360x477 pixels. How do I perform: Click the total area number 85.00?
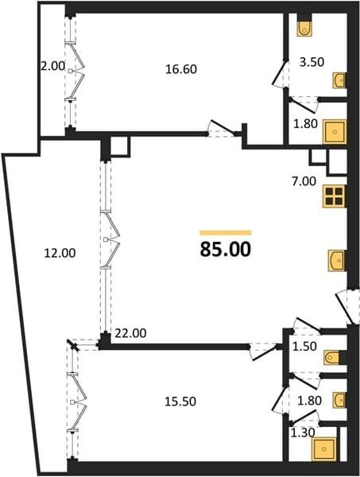tap(226, 249)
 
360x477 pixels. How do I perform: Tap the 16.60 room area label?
tap(181, 69)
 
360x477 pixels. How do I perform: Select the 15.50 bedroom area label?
tap(180, 401)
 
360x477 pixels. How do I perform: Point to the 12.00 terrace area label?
tap(60, 253)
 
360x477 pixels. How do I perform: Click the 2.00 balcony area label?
tap(53, 66)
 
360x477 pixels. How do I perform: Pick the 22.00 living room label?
tap(131, 333)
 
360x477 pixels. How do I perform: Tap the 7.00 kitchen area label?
tap(304, 181)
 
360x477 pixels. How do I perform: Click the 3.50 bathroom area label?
tap(312, 62)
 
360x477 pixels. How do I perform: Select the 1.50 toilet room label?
tap(304, 346)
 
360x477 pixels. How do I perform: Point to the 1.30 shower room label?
tap(303, 432)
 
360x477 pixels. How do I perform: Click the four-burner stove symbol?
tap(334, 196)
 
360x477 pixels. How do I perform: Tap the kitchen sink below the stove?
tap(337, 261)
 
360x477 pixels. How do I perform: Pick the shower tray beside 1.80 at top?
tap(335, 132)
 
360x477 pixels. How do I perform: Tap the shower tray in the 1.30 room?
tap(325, 449)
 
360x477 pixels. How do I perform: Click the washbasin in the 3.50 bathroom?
tap(339, 80)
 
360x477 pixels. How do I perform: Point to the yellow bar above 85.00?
tap(226, 233)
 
